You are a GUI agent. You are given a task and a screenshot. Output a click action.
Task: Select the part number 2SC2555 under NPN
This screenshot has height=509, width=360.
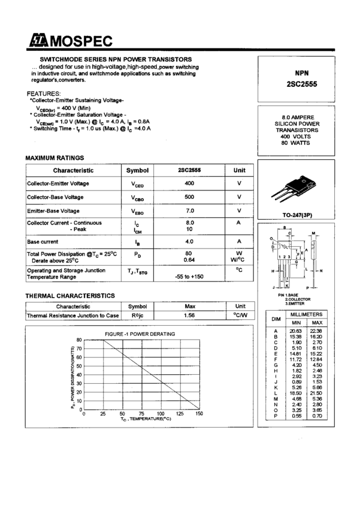tap(301, 84)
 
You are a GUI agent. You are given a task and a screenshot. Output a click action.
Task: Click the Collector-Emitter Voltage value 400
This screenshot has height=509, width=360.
tap(189, 183)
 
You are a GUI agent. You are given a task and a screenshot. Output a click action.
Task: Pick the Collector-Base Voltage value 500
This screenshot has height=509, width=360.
tap(189, 197)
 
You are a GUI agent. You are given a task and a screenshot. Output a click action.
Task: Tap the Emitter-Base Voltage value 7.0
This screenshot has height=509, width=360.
tap(189, 211)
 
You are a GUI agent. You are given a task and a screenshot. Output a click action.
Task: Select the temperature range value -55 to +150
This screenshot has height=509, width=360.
tap(189, 277)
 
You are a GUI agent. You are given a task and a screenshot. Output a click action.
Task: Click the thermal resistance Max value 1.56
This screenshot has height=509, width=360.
tap(189, 315)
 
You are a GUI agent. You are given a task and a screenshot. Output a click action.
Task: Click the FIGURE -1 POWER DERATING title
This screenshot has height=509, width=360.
tap(140, 334)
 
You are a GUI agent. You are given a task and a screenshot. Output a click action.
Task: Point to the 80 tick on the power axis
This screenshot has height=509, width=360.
tap(78, 340)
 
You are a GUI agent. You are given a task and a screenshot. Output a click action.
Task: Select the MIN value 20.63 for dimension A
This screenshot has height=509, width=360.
tap(296, 331)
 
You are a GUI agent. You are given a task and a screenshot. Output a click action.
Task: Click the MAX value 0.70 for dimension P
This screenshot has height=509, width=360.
tap(317, 416)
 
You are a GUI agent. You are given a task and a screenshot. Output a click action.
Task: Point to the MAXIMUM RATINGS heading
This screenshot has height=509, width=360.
tap(55, 157)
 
